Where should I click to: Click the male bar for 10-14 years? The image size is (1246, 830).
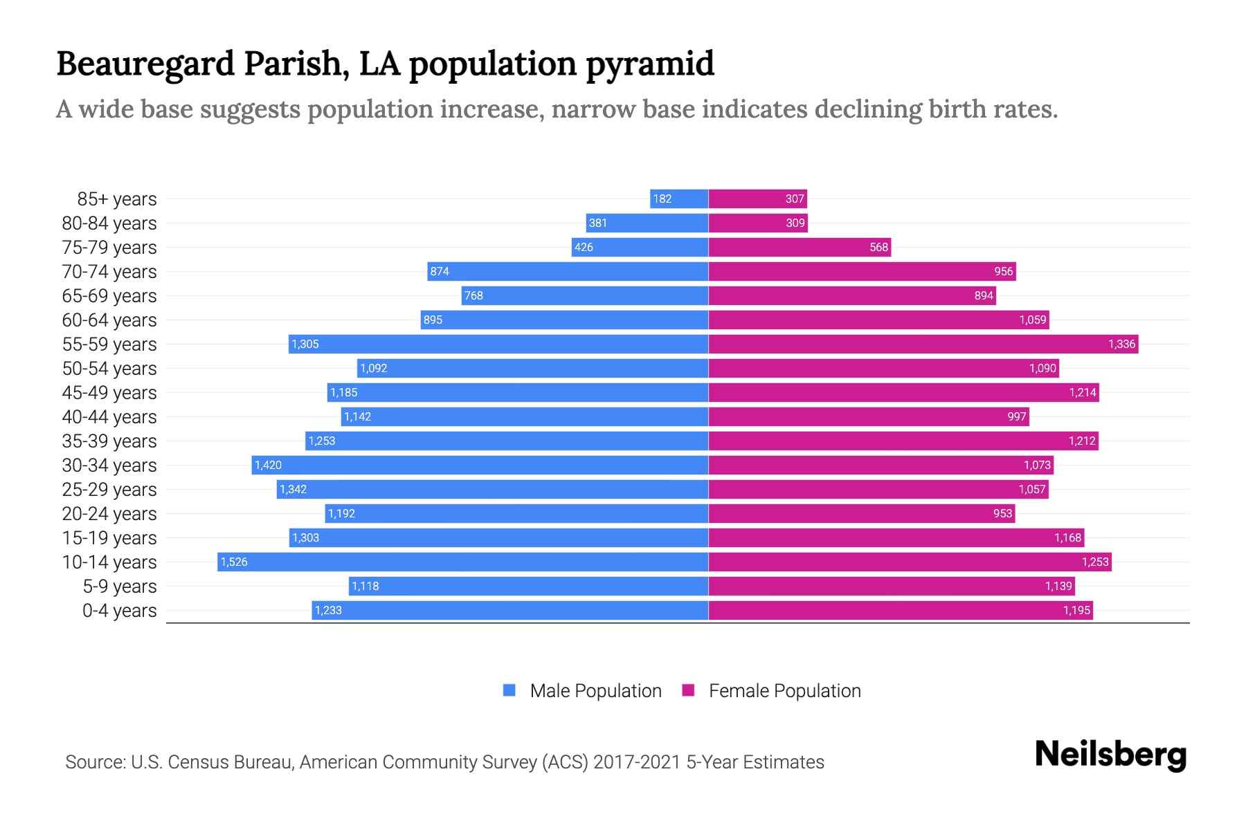(462, 562)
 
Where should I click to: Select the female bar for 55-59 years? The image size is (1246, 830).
(923, 344)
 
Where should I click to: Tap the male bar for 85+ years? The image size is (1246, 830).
(679, 199)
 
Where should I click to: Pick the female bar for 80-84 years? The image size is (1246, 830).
(757, 223)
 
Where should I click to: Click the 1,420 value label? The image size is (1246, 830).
(268, 465)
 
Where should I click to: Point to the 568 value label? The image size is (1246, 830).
(878, 247)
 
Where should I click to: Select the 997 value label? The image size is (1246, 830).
(1016, 416)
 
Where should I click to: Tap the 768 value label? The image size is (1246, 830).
(473, 295)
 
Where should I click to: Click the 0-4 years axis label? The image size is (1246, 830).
(119, 611)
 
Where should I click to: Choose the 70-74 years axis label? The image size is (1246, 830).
(109, 272)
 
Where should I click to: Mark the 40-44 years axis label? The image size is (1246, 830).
(109, 417)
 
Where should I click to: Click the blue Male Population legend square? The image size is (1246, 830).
(509, 690)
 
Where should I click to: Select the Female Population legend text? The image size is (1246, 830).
(784, 691)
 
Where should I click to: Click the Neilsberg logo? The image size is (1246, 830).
(1110, 755)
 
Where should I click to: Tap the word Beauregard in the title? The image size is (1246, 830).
(145, 64)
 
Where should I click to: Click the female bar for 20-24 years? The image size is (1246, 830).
(861, 513)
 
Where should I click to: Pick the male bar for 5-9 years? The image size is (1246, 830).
(528, 586)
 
